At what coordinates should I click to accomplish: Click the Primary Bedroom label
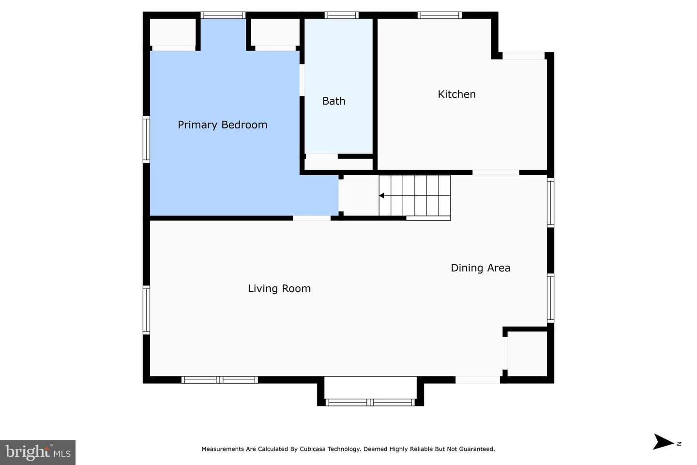point(222,125)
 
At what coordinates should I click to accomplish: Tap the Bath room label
point(333,101)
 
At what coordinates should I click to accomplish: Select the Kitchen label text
point(456,94)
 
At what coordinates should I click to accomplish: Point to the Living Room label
point(279,289)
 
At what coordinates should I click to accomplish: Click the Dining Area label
point(480,268)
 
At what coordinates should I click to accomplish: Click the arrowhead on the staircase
point(381,196)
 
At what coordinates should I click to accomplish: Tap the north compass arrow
point(663,442)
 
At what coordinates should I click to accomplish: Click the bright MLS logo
point(38,452)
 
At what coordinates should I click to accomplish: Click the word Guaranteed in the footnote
point(477,449)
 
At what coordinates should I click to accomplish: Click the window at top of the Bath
point(341,15)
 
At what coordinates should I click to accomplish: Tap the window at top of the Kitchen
point(439,15)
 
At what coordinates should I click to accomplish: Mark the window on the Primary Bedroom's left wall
point(146,139)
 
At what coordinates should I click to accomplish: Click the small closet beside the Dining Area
point(527,353)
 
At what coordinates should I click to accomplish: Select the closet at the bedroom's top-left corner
point(172,32)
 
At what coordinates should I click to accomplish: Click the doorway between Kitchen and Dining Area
point(496,172)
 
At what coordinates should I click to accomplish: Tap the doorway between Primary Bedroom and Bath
point(302,80)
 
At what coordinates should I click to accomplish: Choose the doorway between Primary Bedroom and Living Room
point(312,218)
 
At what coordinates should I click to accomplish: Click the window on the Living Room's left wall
point(146,310)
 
